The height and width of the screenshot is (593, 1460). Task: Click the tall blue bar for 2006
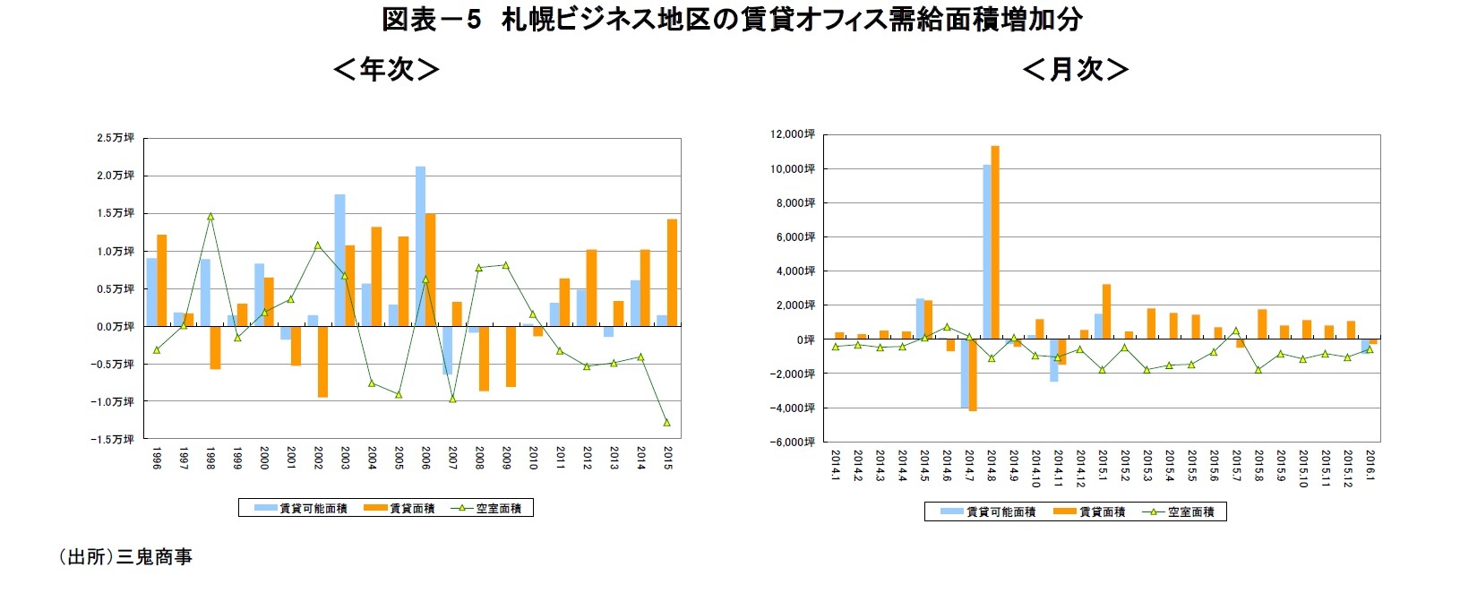point(420,246)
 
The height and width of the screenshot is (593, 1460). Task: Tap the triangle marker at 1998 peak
point(210,216)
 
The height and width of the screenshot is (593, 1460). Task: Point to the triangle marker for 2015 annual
point(666,422)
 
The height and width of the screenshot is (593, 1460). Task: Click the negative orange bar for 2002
point(322,361)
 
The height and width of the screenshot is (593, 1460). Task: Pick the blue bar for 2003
point(339,260)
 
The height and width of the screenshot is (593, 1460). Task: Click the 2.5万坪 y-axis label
point(116,138)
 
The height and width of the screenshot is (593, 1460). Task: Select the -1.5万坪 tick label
point(113,439)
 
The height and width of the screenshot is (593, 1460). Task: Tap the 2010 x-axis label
point(533,459)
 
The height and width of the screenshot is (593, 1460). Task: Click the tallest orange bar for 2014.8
point(995,242)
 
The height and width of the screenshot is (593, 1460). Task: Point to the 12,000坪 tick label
point(793,134)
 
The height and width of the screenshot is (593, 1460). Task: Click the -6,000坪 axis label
point(793,442)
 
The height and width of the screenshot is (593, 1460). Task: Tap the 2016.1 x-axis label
point(1370,466)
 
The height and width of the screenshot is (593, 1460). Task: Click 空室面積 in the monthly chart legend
point(1190,511)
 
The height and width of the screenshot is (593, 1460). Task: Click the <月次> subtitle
point(1075,69)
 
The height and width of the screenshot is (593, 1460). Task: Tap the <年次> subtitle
point(386,69)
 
